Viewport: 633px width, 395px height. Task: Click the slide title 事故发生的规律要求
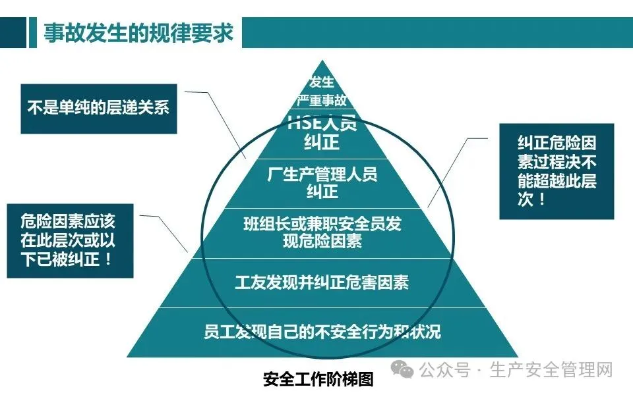pos(138,33)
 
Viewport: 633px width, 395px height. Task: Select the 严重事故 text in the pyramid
pos(322,101)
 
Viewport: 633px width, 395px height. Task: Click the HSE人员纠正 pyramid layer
pos(322,132)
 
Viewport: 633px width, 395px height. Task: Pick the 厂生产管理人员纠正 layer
pos(322,183)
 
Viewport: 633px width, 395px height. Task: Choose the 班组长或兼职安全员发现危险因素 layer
pos(322,232)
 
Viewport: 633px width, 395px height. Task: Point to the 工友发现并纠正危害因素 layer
pos(322,282)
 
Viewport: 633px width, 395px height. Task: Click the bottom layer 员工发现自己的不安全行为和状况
pos(322,331)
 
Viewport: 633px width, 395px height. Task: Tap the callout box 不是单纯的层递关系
pos(98,107)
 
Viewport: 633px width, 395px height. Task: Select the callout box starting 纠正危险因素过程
pos(556,171)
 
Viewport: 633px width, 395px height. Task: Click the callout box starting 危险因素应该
pos(69,240)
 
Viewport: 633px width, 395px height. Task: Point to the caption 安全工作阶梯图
pos(318,380)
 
